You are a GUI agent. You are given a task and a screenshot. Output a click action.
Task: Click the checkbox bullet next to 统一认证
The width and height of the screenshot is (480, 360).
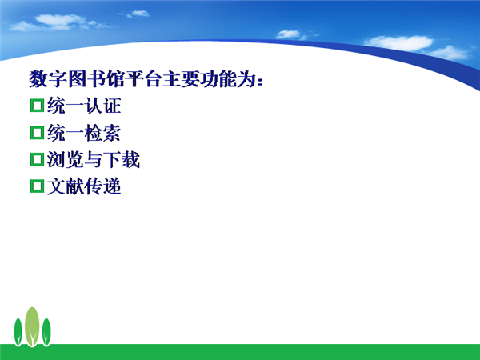[37, 106]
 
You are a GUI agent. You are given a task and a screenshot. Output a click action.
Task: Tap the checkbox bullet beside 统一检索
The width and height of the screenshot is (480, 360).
[37, 133]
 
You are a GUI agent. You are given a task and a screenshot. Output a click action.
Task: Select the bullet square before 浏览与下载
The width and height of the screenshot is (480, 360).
[37, 159]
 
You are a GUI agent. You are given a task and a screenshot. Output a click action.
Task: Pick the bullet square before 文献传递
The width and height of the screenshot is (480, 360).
[37, 186]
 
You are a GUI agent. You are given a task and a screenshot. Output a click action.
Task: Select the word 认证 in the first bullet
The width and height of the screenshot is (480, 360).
[102, 106]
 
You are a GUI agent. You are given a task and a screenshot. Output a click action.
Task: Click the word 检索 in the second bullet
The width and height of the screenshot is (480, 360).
[102, 133]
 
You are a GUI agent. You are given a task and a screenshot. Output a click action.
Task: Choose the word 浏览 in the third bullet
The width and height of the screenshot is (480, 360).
[66, 160]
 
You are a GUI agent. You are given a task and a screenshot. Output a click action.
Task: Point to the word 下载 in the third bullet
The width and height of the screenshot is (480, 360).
[122, 160]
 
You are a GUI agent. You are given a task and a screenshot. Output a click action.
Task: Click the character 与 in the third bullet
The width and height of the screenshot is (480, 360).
[93, 160]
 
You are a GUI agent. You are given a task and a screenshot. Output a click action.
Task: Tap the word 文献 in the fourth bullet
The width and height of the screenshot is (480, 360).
[66, 186]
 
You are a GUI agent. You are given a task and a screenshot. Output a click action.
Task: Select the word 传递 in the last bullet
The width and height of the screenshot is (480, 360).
[102, 186]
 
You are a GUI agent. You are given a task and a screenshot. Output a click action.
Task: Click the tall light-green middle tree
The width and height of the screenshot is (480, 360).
[32, 326]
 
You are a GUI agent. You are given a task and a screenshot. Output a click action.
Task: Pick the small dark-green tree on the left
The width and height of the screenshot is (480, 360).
[18, 332]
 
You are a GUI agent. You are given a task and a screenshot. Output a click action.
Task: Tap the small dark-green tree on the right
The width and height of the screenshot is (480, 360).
[46, 332]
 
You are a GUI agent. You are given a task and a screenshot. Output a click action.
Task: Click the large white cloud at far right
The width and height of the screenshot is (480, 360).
[399, 43]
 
